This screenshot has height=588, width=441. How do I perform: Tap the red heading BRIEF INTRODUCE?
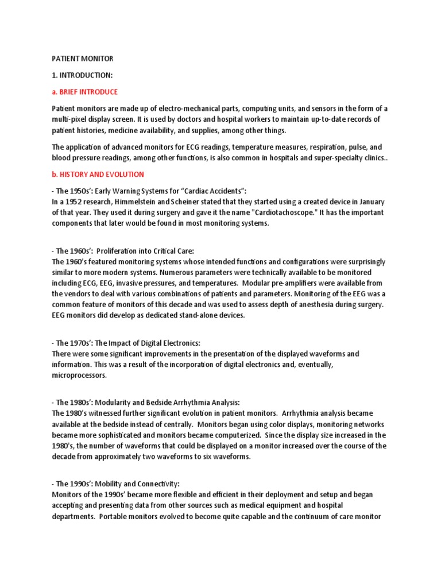point(84,92)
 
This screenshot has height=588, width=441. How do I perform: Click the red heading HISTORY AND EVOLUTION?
point(98,174)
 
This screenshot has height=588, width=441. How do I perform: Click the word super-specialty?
point(323,157)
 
